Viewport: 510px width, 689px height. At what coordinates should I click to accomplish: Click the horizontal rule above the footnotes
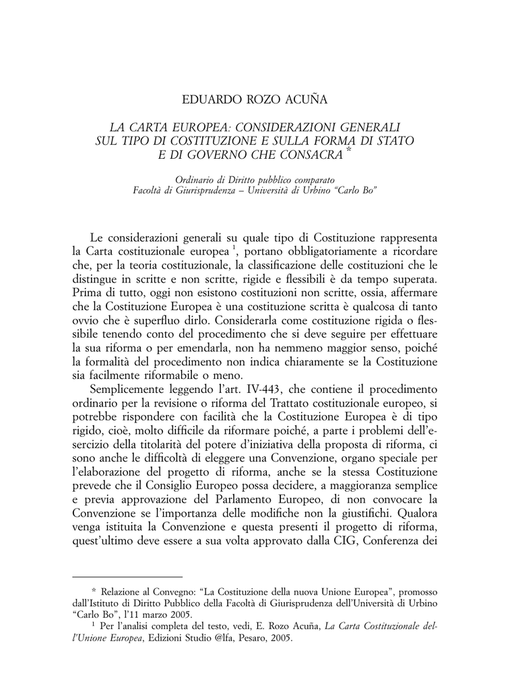click(x=127, y=577)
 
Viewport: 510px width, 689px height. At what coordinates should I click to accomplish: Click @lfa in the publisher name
click(x=217, y=638)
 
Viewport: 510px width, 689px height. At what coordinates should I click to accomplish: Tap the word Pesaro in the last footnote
click(x=248, y=638)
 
